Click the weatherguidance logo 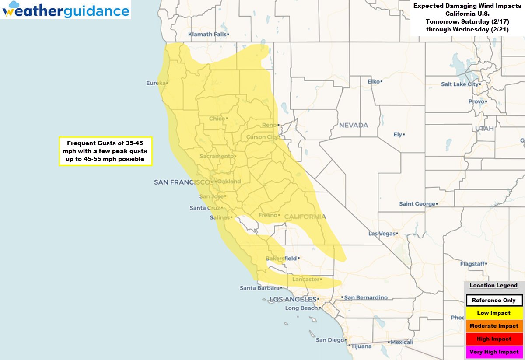coord(66,10)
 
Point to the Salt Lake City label coord(459,84)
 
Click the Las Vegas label coord(381,234)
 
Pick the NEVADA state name coord(353,125)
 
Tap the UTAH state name coord(484,129)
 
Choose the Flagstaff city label coord(472,264)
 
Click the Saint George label coord(417,204)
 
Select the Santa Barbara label coord(259,288)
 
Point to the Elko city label coord(374,81)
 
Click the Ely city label coord(397,134)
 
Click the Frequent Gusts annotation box coord(105,151)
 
